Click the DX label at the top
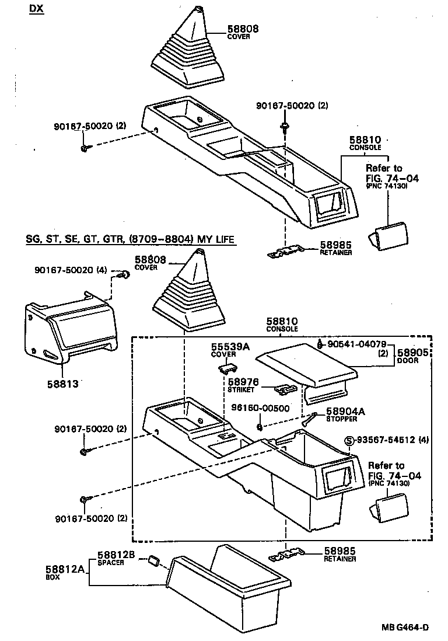(x=37, y=10)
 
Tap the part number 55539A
(x=230, y=347)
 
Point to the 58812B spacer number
(x=116, y=555)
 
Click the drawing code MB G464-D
(x=405, y=627)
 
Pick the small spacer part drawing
(x=153, y=560)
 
